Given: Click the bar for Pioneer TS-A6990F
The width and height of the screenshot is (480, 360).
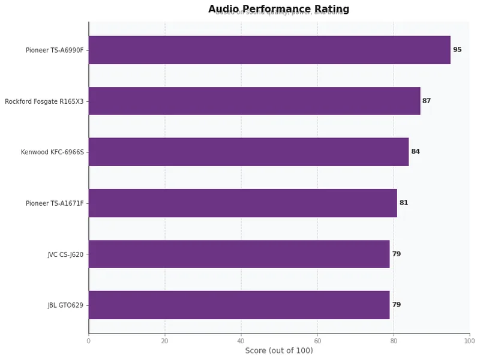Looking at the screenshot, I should (x=269, y=50).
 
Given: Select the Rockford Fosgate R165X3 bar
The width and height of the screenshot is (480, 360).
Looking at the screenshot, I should (x=254, y=101).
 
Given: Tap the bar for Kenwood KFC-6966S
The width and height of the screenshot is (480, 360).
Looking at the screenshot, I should (x=248, y=152).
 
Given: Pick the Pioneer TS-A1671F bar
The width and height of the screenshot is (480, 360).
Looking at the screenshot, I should (x=243, y=203).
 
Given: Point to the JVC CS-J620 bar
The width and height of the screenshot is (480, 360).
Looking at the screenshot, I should (x=239, y=254).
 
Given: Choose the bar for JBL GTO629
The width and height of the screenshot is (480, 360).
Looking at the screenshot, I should (x=239, y=305).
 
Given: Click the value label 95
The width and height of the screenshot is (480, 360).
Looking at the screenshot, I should (x=457, y=50).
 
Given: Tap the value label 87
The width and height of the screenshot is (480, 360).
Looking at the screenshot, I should (x=427, y=101).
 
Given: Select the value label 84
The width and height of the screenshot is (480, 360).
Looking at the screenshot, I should (x=415, y=152).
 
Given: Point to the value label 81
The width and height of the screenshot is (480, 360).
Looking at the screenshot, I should (x=404, y=203).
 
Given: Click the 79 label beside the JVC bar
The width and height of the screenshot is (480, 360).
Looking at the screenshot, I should (x=396, y=254).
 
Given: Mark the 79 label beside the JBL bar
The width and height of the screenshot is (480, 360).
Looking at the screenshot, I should (x=396, y=305).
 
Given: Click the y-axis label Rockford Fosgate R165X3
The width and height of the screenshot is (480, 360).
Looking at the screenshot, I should (x=44, y=101).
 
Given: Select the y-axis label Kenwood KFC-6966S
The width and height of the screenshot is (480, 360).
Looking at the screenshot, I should (x=52, y=152).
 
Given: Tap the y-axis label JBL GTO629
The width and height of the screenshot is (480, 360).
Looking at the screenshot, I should (x=65, y=305).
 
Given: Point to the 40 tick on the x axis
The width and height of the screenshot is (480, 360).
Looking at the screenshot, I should (x=241, y=341).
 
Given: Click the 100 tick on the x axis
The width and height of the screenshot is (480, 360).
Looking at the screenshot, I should (x=470, y=341).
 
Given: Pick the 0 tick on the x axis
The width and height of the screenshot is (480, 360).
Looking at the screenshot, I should (x=89, y=341).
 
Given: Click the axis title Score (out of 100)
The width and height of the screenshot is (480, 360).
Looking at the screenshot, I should (x=279, y=351).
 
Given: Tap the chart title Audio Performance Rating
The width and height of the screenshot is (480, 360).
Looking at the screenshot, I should (x=279, y=9).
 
